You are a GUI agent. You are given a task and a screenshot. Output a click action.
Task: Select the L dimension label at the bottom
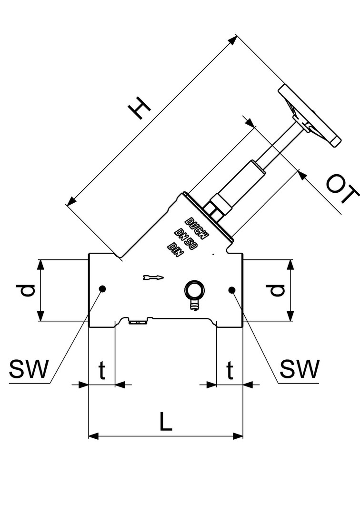165,422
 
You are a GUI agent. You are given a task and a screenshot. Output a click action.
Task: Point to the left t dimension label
101,370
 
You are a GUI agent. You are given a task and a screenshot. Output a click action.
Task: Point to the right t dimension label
230,370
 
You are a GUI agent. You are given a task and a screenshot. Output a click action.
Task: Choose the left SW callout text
29,369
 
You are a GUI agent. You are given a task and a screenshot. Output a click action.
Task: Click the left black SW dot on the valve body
102,288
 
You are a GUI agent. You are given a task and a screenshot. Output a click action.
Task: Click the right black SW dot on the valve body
232,289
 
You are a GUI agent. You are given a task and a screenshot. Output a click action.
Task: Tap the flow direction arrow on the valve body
153,277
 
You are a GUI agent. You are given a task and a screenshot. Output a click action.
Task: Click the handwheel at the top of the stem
310,114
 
